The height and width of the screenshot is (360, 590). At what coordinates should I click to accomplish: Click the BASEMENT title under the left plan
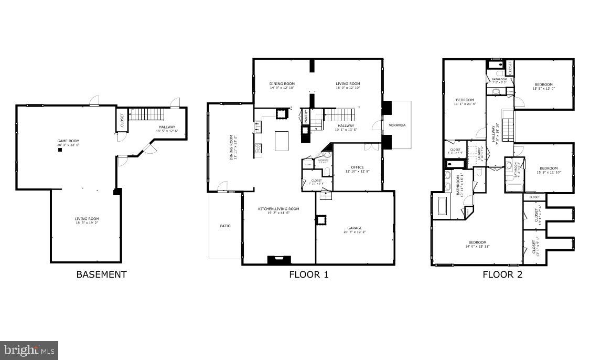(101, 274)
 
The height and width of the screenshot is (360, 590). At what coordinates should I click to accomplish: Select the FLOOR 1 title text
(308, 274)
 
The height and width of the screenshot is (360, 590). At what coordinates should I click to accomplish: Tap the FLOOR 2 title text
(502, 274)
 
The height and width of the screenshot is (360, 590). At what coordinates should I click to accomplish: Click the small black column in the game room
(60, 150)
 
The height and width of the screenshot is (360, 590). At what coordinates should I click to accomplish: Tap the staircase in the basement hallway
(147, 114)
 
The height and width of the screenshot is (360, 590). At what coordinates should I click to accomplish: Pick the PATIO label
(225, 226)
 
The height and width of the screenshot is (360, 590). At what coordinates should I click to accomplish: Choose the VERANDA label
(397, 125)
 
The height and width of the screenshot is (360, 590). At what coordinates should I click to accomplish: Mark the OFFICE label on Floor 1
(358, 168)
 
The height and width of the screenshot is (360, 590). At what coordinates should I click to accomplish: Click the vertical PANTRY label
(306, 117)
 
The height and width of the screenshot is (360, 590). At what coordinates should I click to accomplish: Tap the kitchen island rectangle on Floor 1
(282, 141)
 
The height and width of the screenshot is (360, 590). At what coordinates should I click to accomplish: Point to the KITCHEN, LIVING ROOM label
(278, 209)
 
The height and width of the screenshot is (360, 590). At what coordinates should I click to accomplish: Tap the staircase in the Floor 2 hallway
(508, 130)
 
